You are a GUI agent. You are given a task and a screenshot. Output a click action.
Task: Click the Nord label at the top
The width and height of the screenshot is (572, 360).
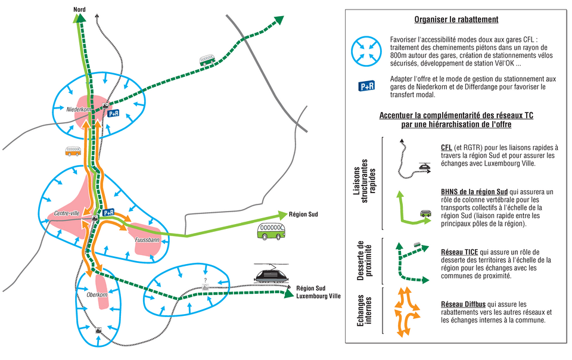coord(80,10)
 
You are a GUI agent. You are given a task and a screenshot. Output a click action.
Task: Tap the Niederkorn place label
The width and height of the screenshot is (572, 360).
coord(77,109)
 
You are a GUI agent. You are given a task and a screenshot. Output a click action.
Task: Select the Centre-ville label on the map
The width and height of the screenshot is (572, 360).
coord(66,213)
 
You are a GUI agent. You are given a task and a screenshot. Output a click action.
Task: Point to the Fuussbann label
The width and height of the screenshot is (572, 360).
coord(147,240)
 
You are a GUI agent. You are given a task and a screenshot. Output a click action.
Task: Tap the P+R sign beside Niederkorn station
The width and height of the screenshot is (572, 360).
coord(113,113)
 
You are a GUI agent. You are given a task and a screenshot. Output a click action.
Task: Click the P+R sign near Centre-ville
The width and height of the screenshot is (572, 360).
coord(108,212)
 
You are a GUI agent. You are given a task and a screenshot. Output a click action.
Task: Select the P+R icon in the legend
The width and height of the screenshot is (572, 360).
coord(366,86)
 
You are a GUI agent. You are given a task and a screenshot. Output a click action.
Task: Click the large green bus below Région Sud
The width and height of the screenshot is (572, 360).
coord(271,231)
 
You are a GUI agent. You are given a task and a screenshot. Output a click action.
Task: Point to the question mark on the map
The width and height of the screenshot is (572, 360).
coord(205,280)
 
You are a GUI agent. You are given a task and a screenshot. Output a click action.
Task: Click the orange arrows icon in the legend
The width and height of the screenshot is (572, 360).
coord(407,311)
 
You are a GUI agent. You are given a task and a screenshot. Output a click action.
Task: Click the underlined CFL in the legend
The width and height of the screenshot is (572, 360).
coord(446,147)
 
